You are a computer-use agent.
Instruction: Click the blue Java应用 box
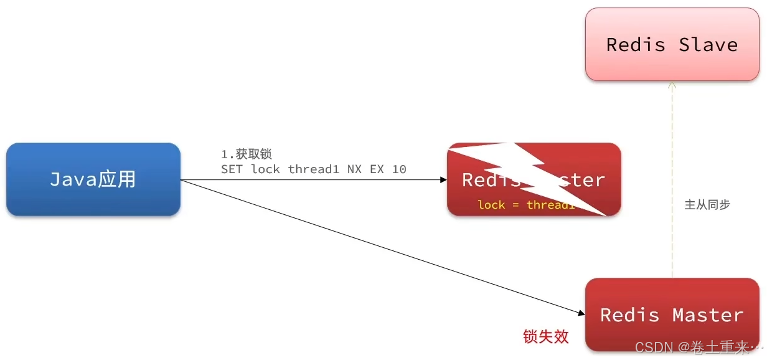[x=93, y=179]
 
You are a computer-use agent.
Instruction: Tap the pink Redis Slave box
[x=672, y=44]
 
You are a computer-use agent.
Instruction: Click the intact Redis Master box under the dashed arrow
[x=672, y=315]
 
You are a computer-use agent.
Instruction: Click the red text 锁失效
[x=546, y=337]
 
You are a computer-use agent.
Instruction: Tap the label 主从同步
[x=707, y=204]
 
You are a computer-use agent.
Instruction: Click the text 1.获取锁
[x=247, y=154]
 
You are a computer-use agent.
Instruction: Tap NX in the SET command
[x=355, y=169]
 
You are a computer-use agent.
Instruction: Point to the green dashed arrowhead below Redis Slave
[x=672, y=85]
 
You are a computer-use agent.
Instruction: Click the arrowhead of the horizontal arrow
[x=443, y=180]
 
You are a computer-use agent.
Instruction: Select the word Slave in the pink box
[x=708, y=44]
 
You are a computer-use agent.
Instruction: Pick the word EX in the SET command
[x=377, y=169]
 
